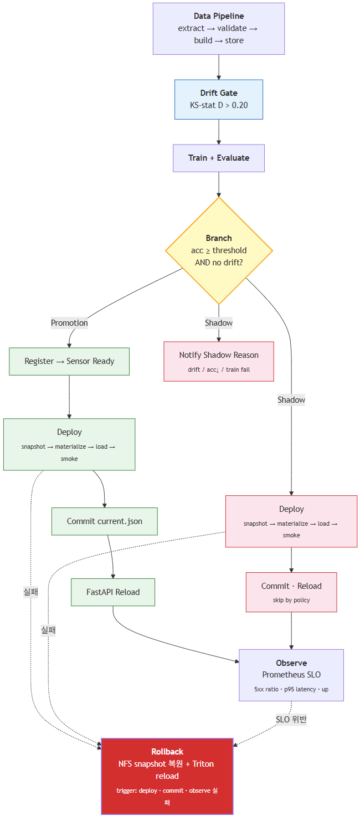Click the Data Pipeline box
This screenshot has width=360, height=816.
(219, 29)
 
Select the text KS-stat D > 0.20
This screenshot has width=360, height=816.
(219, 105)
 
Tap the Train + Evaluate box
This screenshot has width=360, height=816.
(219, 158)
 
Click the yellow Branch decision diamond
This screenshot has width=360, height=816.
(219, 250)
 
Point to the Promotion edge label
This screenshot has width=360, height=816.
(69, 323)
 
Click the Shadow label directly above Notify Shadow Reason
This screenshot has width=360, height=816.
(219, 323)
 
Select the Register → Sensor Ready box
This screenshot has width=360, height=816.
(69, 361)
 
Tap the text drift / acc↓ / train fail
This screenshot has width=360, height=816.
(219, 369)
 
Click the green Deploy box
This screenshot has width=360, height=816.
(69, 444)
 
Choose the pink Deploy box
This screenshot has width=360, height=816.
(291, 521)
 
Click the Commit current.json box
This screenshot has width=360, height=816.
(105, 521)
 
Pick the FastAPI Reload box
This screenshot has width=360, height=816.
(113, 592)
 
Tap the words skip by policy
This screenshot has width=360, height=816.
(291, 600)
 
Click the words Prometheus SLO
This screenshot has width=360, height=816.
(291, 675)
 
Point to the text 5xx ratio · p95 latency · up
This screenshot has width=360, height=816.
(291, 689)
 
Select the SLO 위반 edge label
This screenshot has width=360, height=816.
(291, 720)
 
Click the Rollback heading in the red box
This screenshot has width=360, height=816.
(167, 752)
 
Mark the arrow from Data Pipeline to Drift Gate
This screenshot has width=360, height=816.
(219, 67)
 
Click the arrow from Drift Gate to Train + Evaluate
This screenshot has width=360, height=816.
(219, 132)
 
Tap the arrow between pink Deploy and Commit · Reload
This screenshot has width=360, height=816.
(291, 560)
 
